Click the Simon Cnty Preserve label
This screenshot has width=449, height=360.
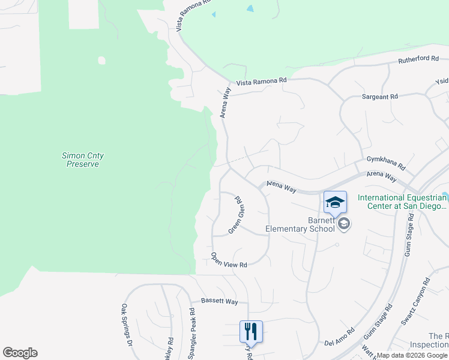[x=83, y=160]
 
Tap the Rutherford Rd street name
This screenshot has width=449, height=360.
[x=418, y=59]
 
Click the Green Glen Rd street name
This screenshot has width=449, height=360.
[x=237, y=215]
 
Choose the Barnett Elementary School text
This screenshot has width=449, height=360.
[x=300, y=224]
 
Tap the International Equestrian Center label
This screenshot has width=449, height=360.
[x=402, y=202]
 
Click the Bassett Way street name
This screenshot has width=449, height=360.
[x=219, y=301]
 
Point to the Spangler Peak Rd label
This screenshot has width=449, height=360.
[x=193, y=332]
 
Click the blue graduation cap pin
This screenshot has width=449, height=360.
[x=335, y=202]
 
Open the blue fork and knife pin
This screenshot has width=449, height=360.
[x=251, y=331]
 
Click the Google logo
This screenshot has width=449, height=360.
[x=20, y=353]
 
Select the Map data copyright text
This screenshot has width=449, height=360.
[x=412, y=355]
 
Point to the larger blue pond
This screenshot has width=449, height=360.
[x=250, y=9]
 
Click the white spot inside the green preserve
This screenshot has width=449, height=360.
[x=101, y=61]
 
